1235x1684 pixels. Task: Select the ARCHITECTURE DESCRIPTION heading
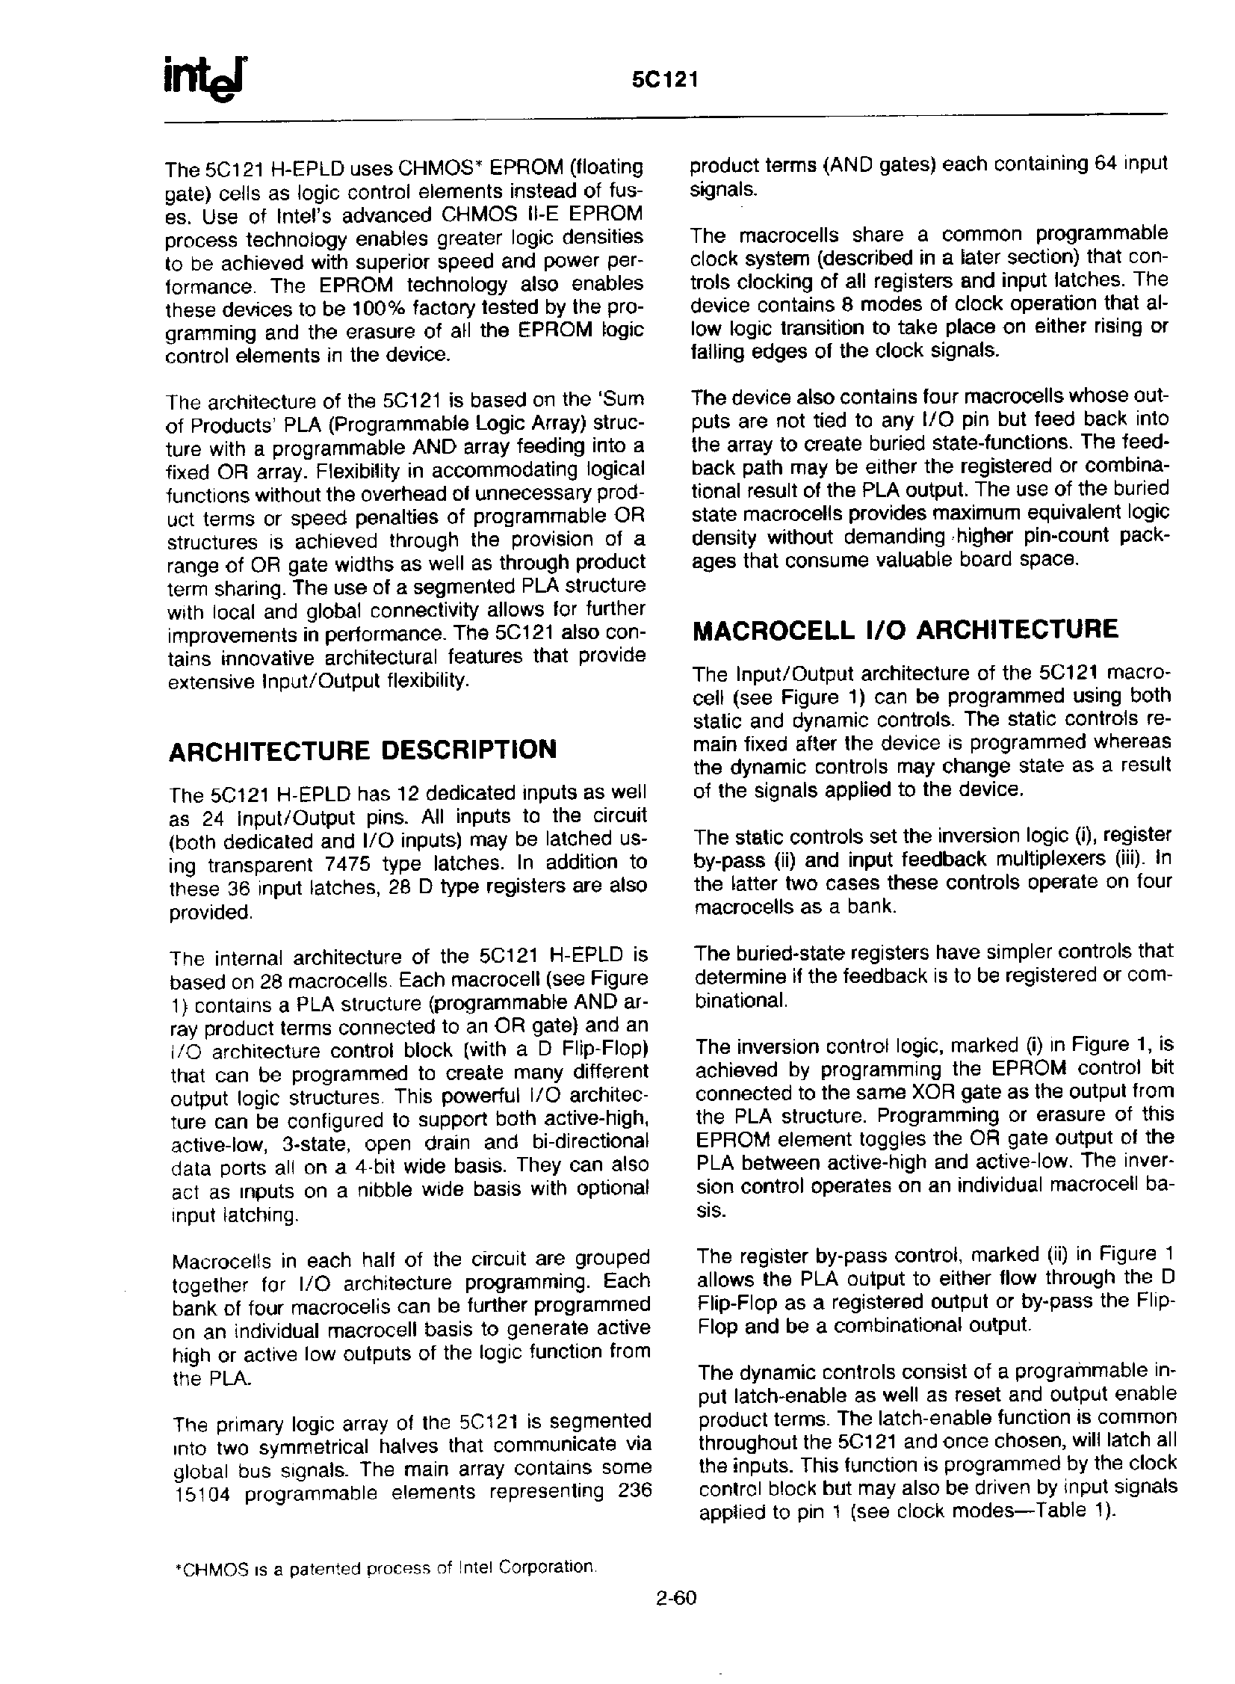(362, 750)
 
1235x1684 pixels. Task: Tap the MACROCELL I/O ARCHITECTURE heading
(906, 629)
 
